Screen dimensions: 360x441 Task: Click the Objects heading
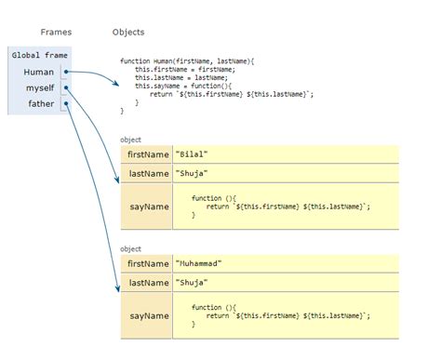pos(128,32)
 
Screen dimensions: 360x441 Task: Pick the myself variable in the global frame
pos(40,88)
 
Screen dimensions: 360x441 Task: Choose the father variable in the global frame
pos(41,105)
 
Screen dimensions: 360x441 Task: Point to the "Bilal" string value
pos(194,154)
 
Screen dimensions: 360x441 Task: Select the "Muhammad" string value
pos(200,263)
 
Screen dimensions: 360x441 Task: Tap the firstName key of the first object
pos(147,154)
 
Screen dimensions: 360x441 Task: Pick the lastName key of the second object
pos(147,282)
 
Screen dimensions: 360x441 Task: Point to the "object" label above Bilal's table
pos(131,140)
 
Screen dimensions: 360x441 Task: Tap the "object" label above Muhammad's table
pos(131,248)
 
